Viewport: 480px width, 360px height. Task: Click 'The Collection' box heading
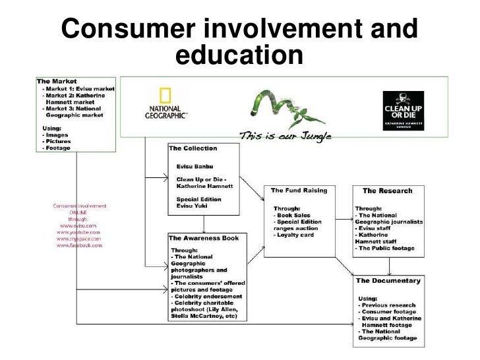point(193,148)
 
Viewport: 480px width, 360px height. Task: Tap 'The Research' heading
point(387,191)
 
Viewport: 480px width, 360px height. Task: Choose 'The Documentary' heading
point(388,280)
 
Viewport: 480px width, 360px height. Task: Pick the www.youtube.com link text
point(78,232)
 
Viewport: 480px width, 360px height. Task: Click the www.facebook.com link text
point(78,245)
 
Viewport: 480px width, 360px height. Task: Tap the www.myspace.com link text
point(78,239)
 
